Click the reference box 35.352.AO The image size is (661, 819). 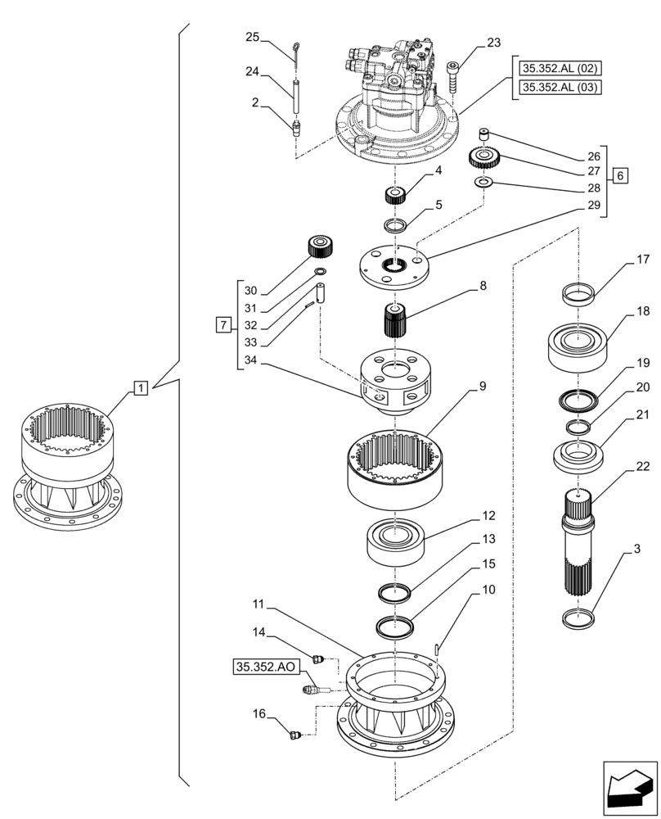[x=264, y=667]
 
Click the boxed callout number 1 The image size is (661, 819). [x=140, y=386]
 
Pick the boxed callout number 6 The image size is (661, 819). [x=621, y=175]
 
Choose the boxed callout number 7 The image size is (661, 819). [x=223, y=326]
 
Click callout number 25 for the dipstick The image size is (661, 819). [x=252, y=37]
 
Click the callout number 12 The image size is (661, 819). [x=489, y=517]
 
